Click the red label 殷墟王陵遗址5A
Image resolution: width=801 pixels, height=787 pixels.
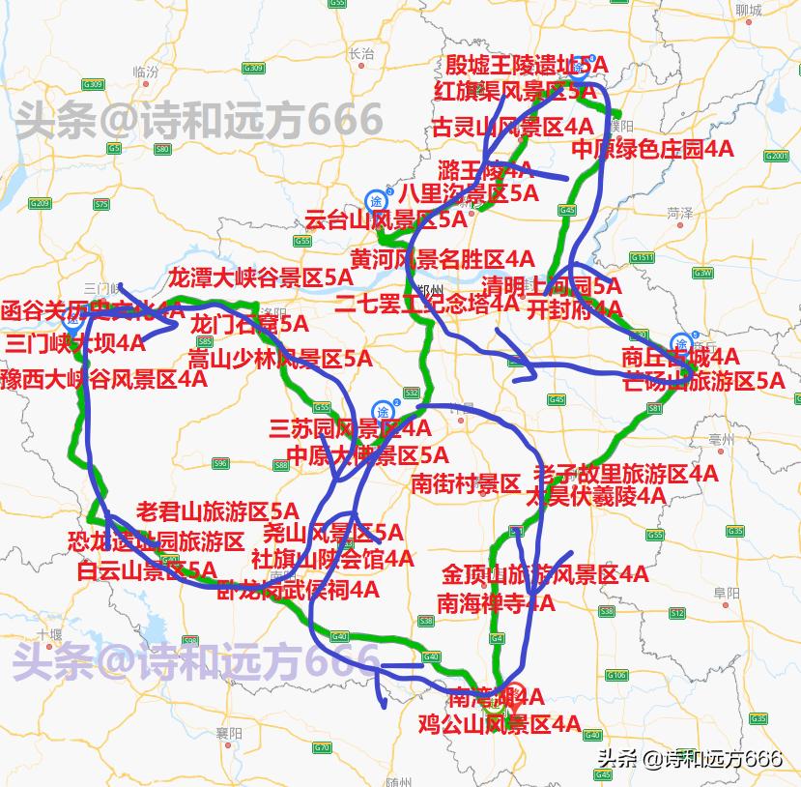tap(526, 65)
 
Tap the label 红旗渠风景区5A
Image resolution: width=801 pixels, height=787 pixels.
tap(516, 92)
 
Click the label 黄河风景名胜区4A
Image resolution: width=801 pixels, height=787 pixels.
tap(442, 259)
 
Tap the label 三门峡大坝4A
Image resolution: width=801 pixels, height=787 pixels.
tap(75, 344)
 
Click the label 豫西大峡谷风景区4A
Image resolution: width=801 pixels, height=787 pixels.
tap(103, 378)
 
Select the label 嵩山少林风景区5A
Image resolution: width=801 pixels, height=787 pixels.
tap(279, 360)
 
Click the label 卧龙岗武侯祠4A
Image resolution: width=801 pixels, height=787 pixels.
tap(297, 589)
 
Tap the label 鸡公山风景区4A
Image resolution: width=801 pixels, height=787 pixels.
tap(499, 723)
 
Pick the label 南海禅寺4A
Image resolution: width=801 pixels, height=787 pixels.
tap(496, 603)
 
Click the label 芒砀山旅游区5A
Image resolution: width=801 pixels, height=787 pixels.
tap(703, 381)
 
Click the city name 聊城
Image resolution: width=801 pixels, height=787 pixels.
tap(748, 11)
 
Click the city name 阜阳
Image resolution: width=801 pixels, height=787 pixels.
tap(727, 592)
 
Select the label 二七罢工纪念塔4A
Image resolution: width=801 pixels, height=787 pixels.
tap(426, 303)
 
